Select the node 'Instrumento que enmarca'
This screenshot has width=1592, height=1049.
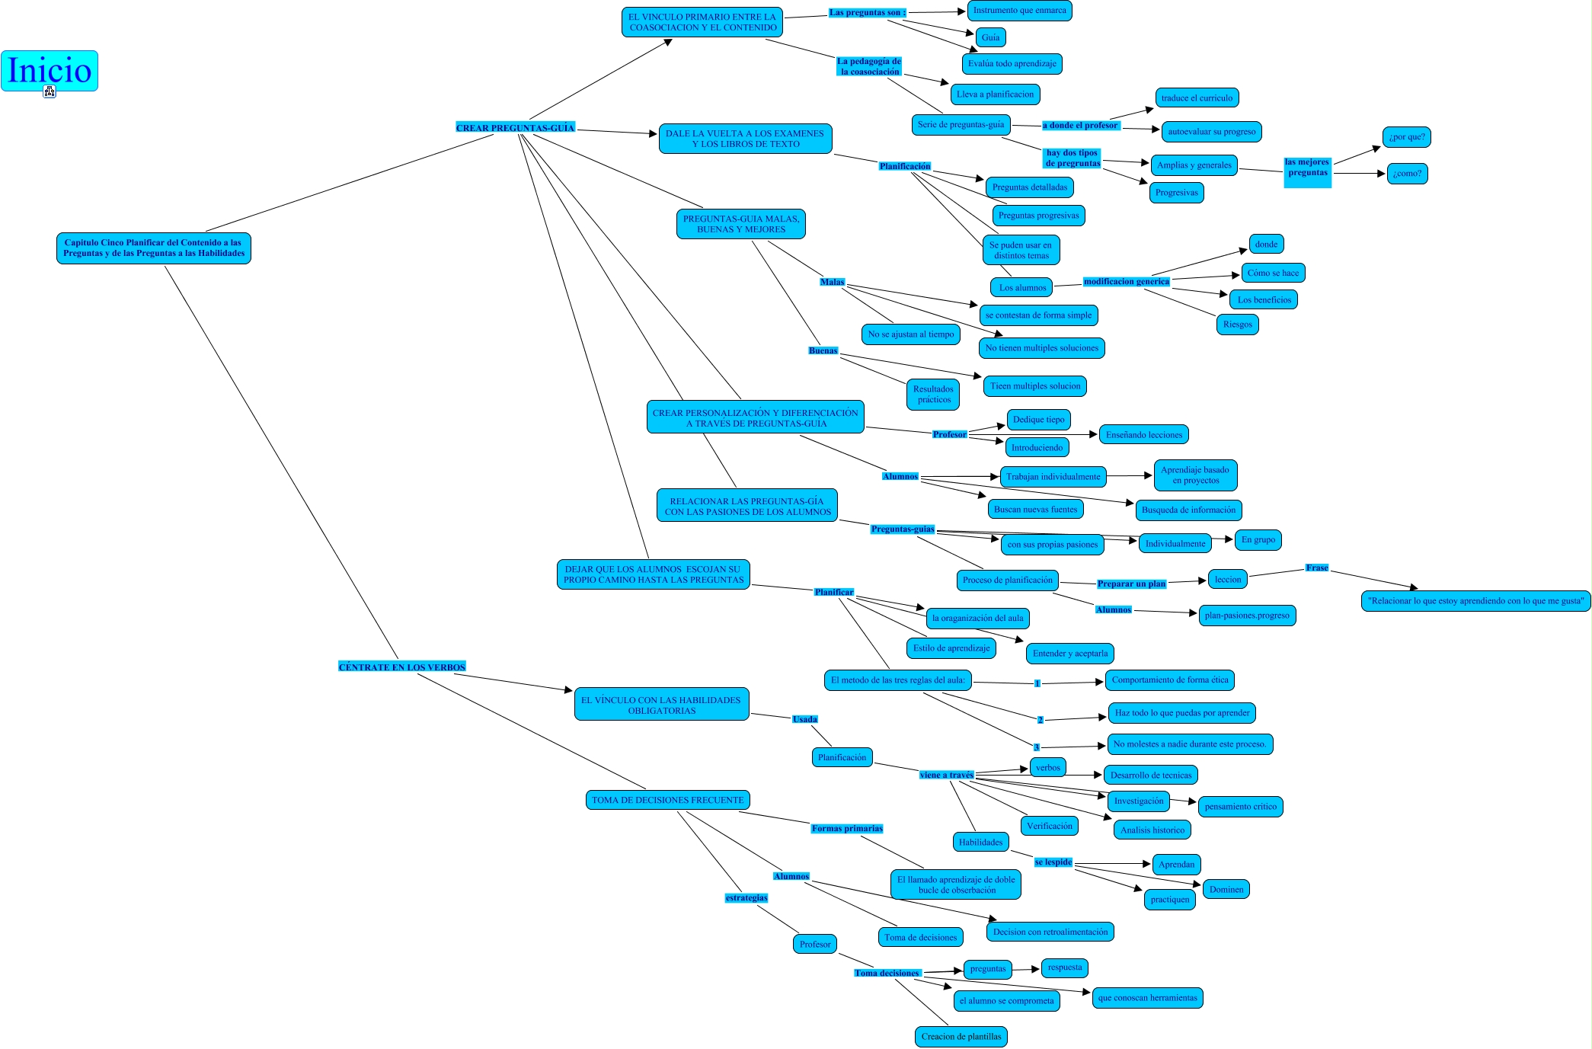1019,11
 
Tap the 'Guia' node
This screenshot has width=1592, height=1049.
990,37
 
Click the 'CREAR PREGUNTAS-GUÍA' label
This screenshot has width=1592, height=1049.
515,128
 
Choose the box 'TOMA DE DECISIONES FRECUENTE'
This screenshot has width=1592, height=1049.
667,800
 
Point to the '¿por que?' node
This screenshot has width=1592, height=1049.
1406,137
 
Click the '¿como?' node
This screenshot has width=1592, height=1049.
1406,174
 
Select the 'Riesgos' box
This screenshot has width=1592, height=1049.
1237,325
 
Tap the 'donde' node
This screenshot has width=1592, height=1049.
1266,245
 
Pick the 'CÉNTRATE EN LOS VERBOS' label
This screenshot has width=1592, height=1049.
401,667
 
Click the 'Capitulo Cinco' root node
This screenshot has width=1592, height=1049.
154,248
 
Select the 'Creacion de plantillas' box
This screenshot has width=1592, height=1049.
961,1037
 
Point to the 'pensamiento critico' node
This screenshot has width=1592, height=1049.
1240,807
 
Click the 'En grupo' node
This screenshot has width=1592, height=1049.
1258,540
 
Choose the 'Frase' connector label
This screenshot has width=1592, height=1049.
1316,568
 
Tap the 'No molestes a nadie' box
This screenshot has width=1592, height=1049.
1189,744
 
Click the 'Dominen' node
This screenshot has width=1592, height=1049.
1226,890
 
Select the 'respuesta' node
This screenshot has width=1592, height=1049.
1064,968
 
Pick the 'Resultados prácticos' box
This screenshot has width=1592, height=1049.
933,395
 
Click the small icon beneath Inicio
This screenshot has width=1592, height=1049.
50,92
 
